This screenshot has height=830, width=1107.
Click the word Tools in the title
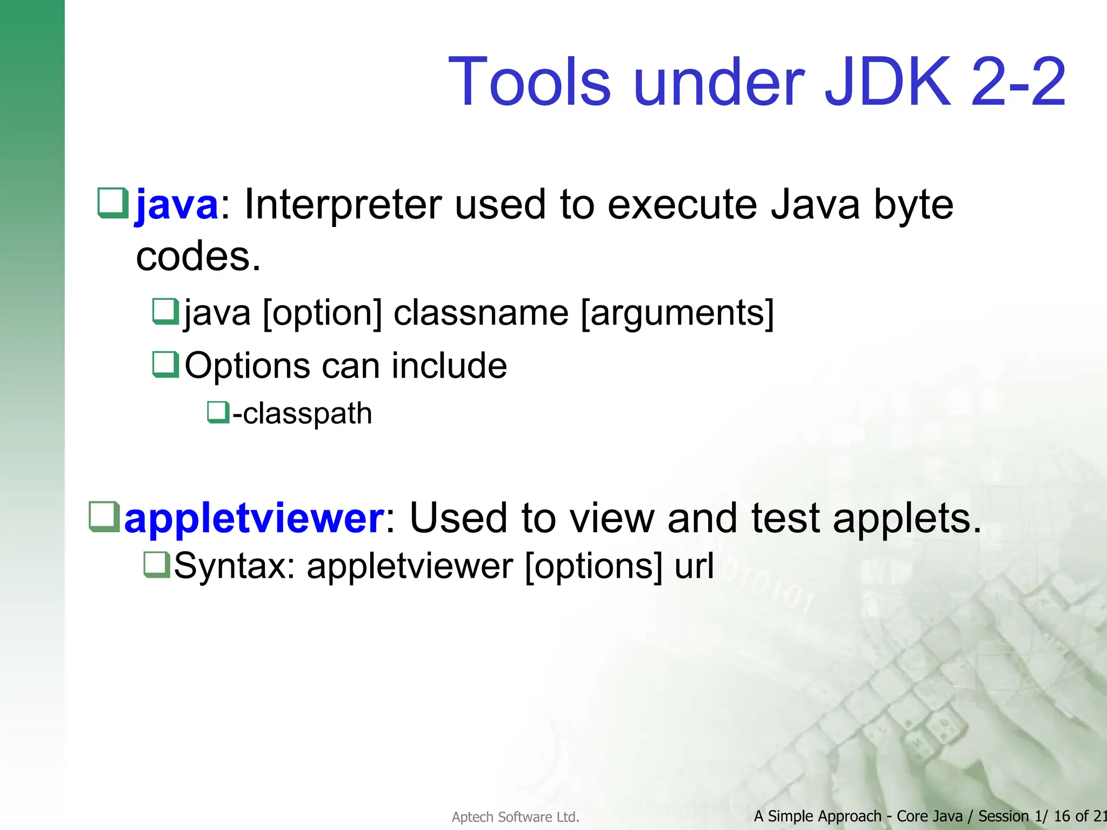tap(530, 82)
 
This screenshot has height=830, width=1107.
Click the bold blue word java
tap(177, 205)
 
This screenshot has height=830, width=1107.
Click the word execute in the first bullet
tap(682, 205)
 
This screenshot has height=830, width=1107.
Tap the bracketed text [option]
tap(323, 313)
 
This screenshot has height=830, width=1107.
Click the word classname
tap(481, 313)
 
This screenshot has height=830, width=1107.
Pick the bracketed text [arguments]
tap(677, 313)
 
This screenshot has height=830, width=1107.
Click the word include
tap(449, 366)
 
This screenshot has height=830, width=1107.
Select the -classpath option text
tap(302, 414)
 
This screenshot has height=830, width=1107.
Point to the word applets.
tap(906, 518)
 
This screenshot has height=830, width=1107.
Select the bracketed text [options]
tap(593, 566)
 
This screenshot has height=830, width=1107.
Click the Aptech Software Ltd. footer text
tap(515, 817)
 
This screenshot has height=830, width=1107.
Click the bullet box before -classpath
tap(218, 413)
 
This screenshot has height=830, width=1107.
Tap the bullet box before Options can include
tap(165, 365)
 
